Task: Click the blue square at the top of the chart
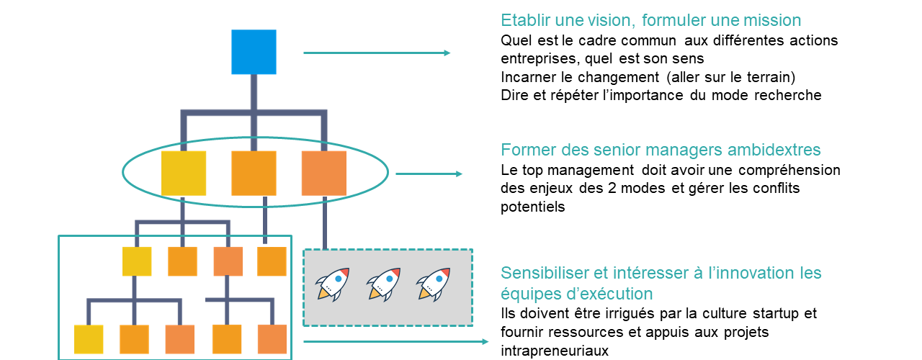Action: [x=254, y=52]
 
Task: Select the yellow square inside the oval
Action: [x=184, y=174]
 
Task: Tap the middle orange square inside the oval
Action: [x=254, y=174]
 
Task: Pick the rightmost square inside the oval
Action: [x=323, y=174]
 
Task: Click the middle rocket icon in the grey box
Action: [x=383, y=284]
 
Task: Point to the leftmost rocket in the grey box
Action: [x=334, y=284]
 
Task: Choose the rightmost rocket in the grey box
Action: [x=433, y=284]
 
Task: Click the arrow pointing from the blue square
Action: [x=377, y=53]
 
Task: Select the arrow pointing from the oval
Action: [x=429, y=174]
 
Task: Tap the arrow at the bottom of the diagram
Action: [x=395, y=342]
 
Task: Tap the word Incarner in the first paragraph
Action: [x=527, y=77]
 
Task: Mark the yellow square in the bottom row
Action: [x=89, y=339]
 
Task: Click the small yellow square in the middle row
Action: [x=137, y=261]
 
